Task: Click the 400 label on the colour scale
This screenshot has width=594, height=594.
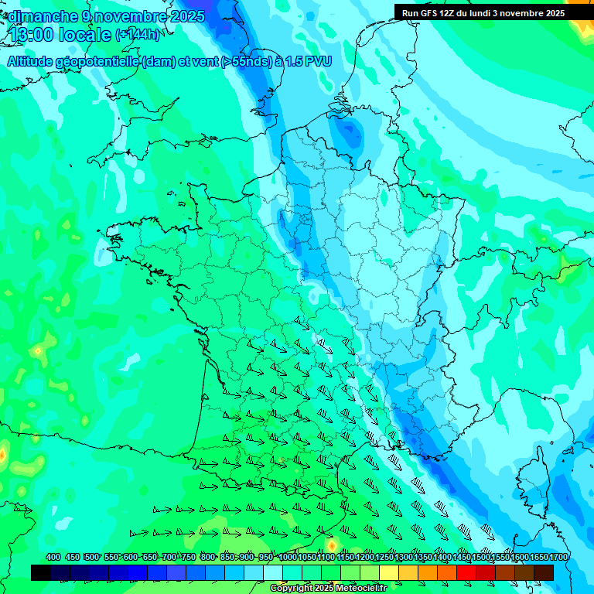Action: (53, 557)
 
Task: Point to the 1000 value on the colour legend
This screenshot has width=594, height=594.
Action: (288, 557)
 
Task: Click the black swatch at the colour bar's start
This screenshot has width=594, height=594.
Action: (41, 572)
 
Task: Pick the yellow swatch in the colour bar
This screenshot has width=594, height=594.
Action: (389, 572)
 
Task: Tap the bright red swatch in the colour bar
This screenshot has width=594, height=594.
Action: (466, 572)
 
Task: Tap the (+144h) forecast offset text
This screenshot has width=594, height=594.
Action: (138, 35)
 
